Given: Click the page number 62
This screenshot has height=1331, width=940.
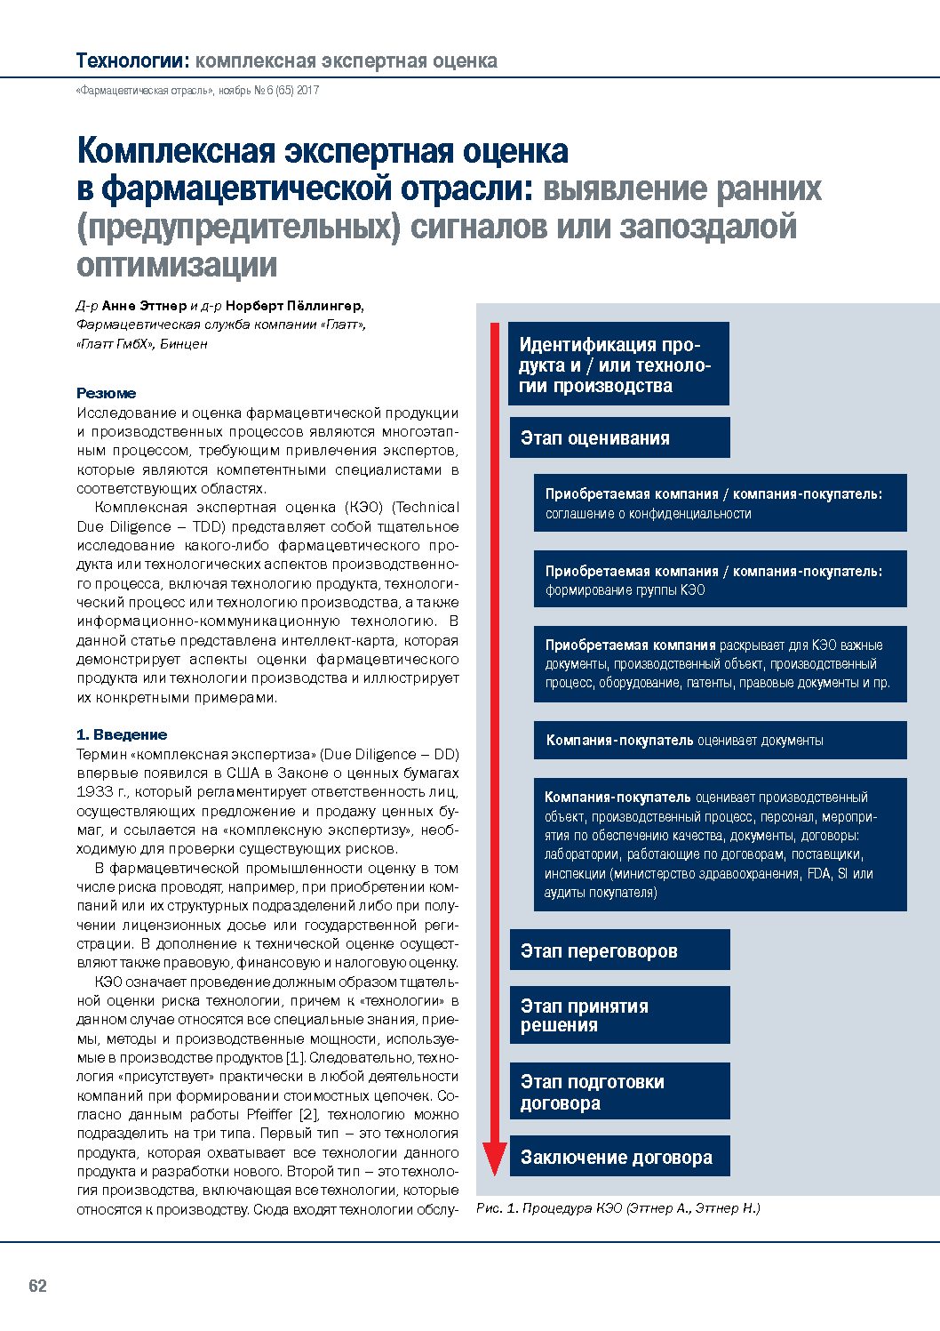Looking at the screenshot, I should [37, 1286].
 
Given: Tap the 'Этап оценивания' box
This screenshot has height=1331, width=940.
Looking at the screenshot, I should [619, 437].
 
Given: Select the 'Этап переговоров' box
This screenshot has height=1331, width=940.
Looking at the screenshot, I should [619, 950].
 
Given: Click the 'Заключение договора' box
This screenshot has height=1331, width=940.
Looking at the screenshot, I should [619, 1157].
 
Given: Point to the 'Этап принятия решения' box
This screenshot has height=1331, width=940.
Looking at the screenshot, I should [619, 1015].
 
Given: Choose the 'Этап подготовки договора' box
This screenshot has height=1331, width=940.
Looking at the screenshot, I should [619, 1092].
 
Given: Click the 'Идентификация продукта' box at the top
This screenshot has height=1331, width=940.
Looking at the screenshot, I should [618, 365].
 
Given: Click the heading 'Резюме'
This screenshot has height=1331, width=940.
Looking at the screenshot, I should [107, 393].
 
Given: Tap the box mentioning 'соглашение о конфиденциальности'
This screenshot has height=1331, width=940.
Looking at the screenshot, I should [720, 503].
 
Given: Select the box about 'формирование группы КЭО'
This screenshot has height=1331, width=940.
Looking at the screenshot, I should [720, 580].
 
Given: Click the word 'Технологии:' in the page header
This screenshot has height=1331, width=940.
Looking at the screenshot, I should [132, 60].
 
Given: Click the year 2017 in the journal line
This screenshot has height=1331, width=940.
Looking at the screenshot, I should [307, 91].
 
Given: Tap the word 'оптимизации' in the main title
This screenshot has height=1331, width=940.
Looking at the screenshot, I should [177, 264].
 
